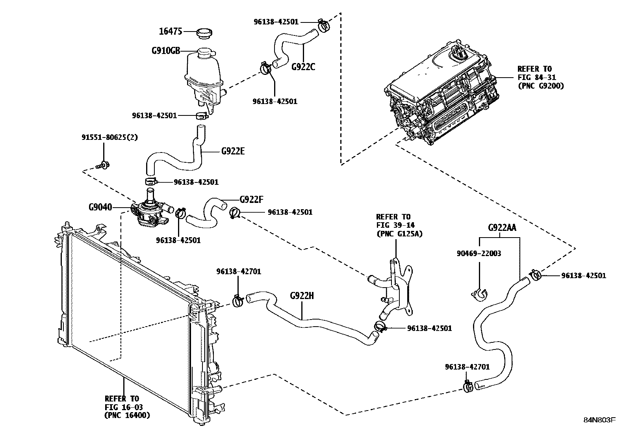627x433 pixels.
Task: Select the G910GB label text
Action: [x=165, y=51]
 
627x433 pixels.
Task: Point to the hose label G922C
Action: [x=303, y=67]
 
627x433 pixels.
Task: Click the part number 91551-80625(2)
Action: [x=109, y=137]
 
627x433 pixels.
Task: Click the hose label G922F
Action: [x=251, y=199]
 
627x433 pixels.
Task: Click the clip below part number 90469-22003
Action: [x=479, y=294]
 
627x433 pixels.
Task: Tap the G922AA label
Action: [x=502, y=228]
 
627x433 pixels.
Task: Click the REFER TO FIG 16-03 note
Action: [x=126, y=407]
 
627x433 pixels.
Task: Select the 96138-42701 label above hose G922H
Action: [x=238, y=271]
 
